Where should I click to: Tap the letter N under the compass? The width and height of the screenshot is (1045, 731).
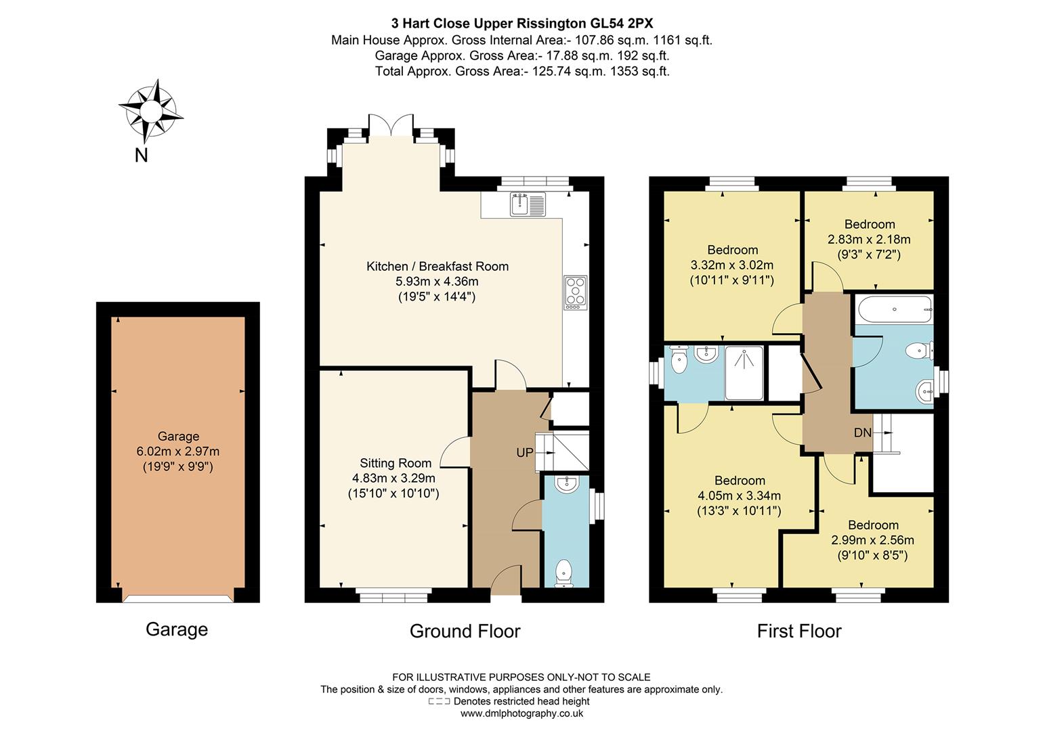point(141,156)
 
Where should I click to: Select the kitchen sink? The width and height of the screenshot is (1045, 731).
point(528,204)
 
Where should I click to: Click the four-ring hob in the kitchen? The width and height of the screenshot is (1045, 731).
point(575,292)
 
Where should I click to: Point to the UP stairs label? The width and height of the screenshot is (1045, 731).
point(525,453)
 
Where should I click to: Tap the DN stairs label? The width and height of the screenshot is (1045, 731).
point(862,433)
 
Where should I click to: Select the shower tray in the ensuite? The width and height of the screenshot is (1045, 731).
point(744,373)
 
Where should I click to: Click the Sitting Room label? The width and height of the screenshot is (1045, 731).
point(396,463)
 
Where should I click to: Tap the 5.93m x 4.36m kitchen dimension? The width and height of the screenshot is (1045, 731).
point(437,282)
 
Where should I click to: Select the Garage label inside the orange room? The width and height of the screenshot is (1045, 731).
point(178,437)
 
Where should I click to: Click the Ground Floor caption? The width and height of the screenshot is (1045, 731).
point(465,632)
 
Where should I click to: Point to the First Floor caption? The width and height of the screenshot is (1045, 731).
point(798,632)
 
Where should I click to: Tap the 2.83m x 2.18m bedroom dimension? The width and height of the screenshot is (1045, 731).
point(869,240)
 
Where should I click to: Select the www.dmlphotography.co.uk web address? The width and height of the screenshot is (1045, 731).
point(521,713)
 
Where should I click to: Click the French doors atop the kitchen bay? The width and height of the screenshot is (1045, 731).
point(390,125)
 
